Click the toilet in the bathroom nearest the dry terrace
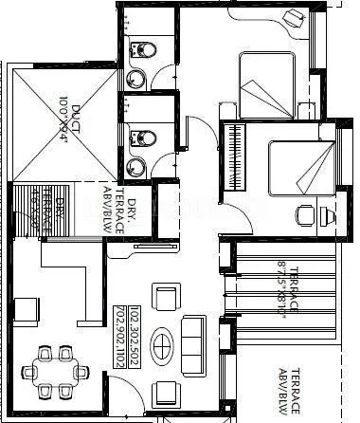coord(141,138)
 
